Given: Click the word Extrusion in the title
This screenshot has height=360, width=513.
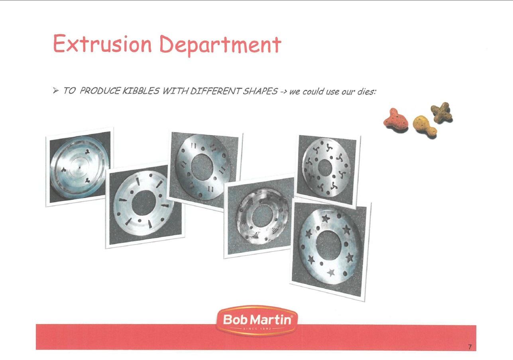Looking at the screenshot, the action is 102,44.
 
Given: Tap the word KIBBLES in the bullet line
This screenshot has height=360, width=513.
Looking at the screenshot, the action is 141,91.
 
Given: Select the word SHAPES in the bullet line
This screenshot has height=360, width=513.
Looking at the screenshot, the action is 260,91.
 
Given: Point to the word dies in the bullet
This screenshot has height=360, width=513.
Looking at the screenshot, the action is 367,92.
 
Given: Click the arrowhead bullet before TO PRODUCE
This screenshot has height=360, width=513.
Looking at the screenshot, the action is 55,90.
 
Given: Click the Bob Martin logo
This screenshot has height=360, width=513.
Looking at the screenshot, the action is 257,321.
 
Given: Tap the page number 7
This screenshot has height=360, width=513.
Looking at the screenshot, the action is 470,347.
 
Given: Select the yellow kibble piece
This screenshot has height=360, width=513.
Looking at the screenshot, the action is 425,126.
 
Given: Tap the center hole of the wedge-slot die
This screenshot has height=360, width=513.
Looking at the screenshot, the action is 144,203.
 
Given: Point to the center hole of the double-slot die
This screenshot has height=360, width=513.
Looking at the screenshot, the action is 202,166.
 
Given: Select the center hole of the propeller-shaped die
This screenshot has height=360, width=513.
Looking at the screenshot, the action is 325,167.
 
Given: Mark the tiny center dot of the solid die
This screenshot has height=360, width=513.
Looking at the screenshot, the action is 79,167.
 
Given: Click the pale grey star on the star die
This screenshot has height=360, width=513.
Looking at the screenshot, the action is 331,273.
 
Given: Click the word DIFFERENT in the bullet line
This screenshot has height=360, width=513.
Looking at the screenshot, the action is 215,91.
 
